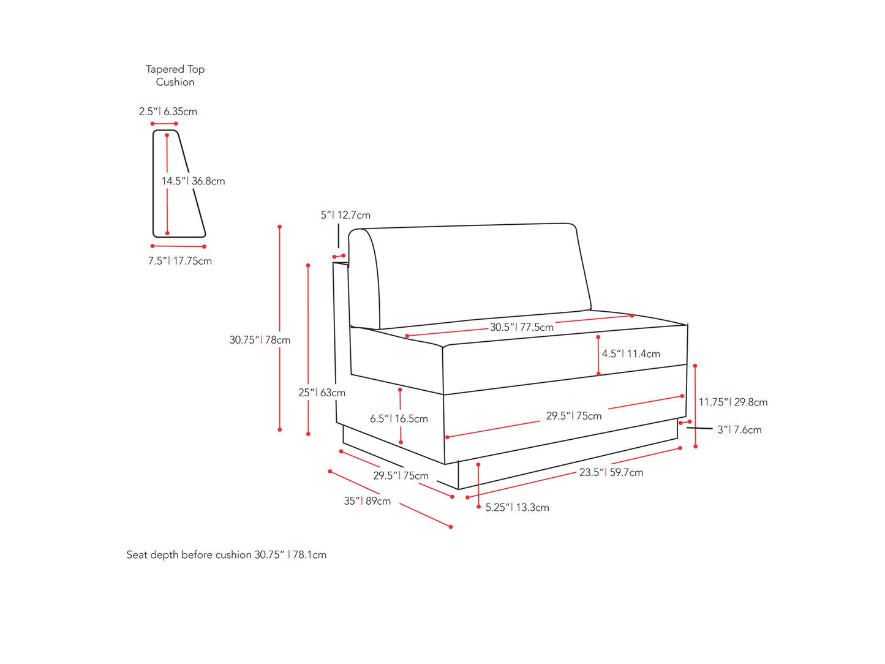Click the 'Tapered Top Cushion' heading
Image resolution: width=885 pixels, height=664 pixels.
[175, 75]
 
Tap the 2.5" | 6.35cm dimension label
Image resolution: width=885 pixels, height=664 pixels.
[168, 111]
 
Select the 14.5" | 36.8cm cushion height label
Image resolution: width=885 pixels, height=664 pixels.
[193, 181]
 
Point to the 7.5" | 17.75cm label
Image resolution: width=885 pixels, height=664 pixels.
[179, 261]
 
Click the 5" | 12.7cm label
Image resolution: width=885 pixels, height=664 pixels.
[345, 215]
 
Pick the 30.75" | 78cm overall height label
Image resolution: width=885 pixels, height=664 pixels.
[260, 340]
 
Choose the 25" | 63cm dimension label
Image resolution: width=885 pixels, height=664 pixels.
[322, 393]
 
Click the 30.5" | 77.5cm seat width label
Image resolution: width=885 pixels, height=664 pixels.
[521, 327]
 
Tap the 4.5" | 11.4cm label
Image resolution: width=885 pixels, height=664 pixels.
[631, 354]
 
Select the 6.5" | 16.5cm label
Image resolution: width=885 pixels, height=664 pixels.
[399, 419]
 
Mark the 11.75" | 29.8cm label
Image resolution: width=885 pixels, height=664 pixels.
[733, 402]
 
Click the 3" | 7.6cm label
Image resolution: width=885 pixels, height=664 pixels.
[739, 430]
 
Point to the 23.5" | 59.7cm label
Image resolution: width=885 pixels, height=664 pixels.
[611, 472]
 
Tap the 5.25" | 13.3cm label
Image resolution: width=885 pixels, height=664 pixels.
[517, 507]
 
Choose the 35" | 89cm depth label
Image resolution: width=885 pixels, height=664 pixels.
[367, 501]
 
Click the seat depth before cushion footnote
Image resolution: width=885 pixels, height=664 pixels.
[226, 555]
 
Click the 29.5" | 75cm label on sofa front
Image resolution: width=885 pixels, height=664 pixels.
[574, 416]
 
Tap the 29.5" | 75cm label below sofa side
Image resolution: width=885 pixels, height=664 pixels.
[401, 476]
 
